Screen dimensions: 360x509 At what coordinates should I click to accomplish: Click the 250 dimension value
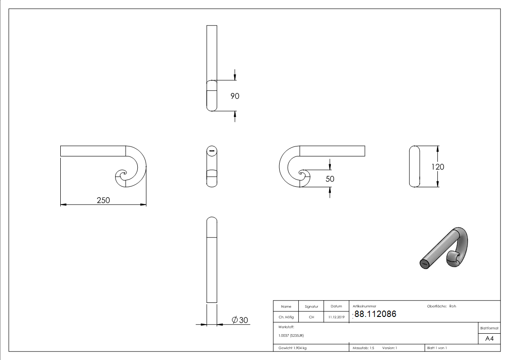click(x=103, y=200)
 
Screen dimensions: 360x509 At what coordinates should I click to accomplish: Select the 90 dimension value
click(x=234, y=96)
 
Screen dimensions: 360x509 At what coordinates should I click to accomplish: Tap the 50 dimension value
click(x=330, y=179)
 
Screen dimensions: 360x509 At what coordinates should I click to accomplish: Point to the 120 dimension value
click(x=438, y=167)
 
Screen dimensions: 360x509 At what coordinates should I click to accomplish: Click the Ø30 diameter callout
click(x=240, y=320)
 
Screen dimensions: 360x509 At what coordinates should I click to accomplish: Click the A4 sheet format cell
click(x=489, y=338)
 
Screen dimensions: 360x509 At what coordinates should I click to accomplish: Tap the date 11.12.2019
click(x=336, y=317)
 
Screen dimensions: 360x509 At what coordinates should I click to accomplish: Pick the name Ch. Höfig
click(x=286, y=317)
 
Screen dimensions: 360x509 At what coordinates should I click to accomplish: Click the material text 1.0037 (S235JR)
click(x=291, y=336)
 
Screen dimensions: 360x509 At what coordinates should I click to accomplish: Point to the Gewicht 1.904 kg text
click(x=292, y=348)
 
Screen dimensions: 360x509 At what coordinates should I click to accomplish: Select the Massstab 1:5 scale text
click(x=364, y=348)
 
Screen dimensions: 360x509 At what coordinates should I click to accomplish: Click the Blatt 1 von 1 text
click(x=437, y=348)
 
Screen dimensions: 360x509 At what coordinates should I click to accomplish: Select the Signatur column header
click(x=311, y=306)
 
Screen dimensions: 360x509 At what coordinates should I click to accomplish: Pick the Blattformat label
click(x=489, y=328)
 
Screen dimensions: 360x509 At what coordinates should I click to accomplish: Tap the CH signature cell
click(x=311, y=317)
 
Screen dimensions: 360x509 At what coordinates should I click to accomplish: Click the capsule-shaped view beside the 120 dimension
click(x=414, y=166)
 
